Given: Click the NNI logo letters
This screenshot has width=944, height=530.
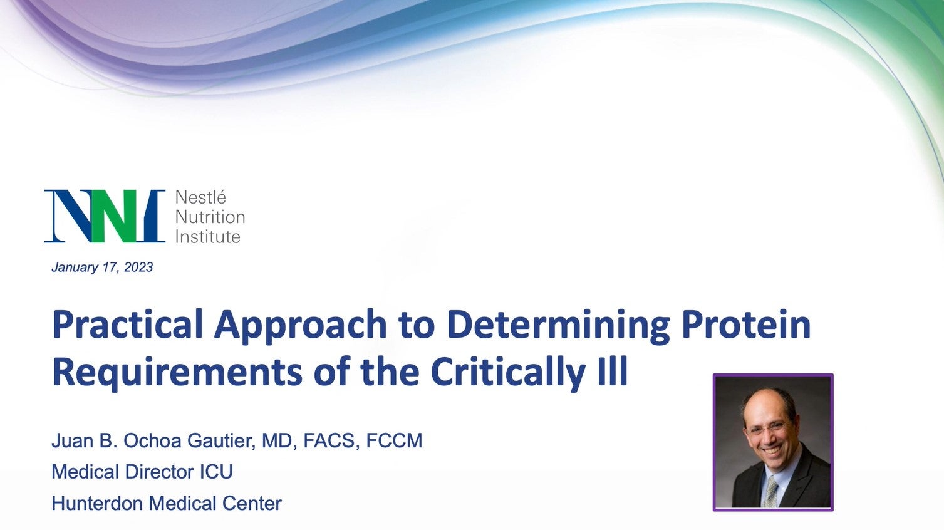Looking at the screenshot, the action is click(105, 216).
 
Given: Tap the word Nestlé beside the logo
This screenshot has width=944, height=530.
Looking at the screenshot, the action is click(200, 197).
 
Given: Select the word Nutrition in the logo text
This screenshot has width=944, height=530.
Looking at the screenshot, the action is click(210, 217).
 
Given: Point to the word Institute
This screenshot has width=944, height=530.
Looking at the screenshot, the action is click(207, 237).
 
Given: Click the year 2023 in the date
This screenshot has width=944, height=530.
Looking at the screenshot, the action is click(138, 268).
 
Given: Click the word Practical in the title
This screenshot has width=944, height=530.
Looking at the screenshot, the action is click(128, 324).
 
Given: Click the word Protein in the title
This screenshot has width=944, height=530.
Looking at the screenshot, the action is click(746, 324).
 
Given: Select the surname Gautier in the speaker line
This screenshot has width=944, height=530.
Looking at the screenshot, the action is click(221, 441).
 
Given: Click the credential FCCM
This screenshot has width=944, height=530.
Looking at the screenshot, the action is click(394, 440).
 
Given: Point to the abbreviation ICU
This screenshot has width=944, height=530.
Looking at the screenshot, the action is click(215, 472).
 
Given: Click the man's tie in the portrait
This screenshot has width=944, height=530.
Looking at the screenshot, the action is click(770, 491).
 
